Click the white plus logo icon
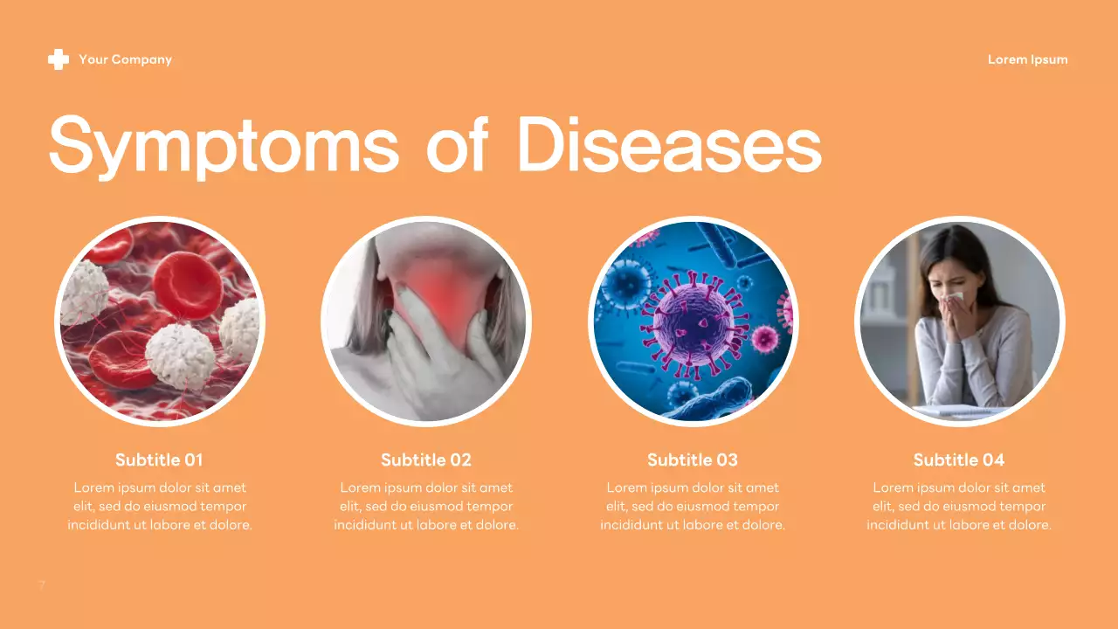(x=59, y=59)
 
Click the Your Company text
(x=125, y=59)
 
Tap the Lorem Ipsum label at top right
(x=1027, y=59)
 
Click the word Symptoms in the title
(x=224, y=145)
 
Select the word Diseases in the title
(x=669, y=145)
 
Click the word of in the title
(x=456, y=145)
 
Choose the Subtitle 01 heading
(x=159, y=460)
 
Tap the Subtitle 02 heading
(x=426, y=460)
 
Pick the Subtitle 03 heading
(x=693, y=460)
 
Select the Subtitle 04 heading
(x=959, y=460)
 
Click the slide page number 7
(x=41, y=584)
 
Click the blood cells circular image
(x=160, y=321)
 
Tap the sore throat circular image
(x=426, y=321)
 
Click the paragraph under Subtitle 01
(x=160, y=507)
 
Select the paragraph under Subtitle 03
(x=693, y=507)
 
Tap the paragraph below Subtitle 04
(x=959, y=507)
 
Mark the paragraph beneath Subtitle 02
(x=426, y=507)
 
